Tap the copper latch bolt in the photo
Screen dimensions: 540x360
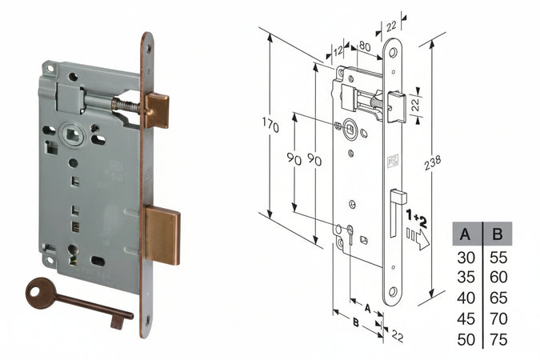(157, 110)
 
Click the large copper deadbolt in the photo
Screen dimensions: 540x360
(162, 235)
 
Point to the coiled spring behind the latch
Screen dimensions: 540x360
(126, 105)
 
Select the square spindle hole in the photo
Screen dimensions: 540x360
(73, 134)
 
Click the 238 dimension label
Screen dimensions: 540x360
(433, 162)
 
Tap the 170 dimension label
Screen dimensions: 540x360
(270, 125)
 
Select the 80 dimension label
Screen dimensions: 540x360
(365, 46)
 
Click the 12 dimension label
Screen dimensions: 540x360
(338, 50)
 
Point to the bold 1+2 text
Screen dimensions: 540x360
(416, 218)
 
